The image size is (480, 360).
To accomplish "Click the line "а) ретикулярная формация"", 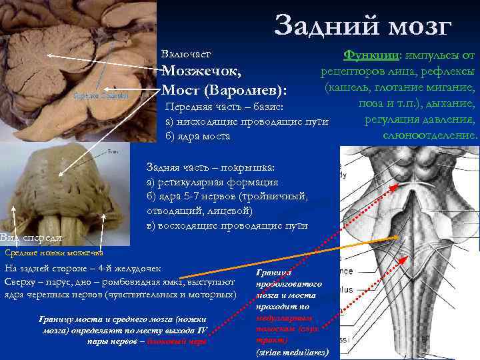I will (x=212, y=182).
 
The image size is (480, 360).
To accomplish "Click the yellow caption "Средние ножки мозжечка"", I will (x=53, y=253).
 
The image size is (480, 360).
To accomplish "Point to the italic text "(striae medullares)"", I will (x=291, y=351).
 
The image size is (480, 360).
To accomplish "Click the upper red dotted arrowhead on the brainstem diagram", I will (x=397, y=188).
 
